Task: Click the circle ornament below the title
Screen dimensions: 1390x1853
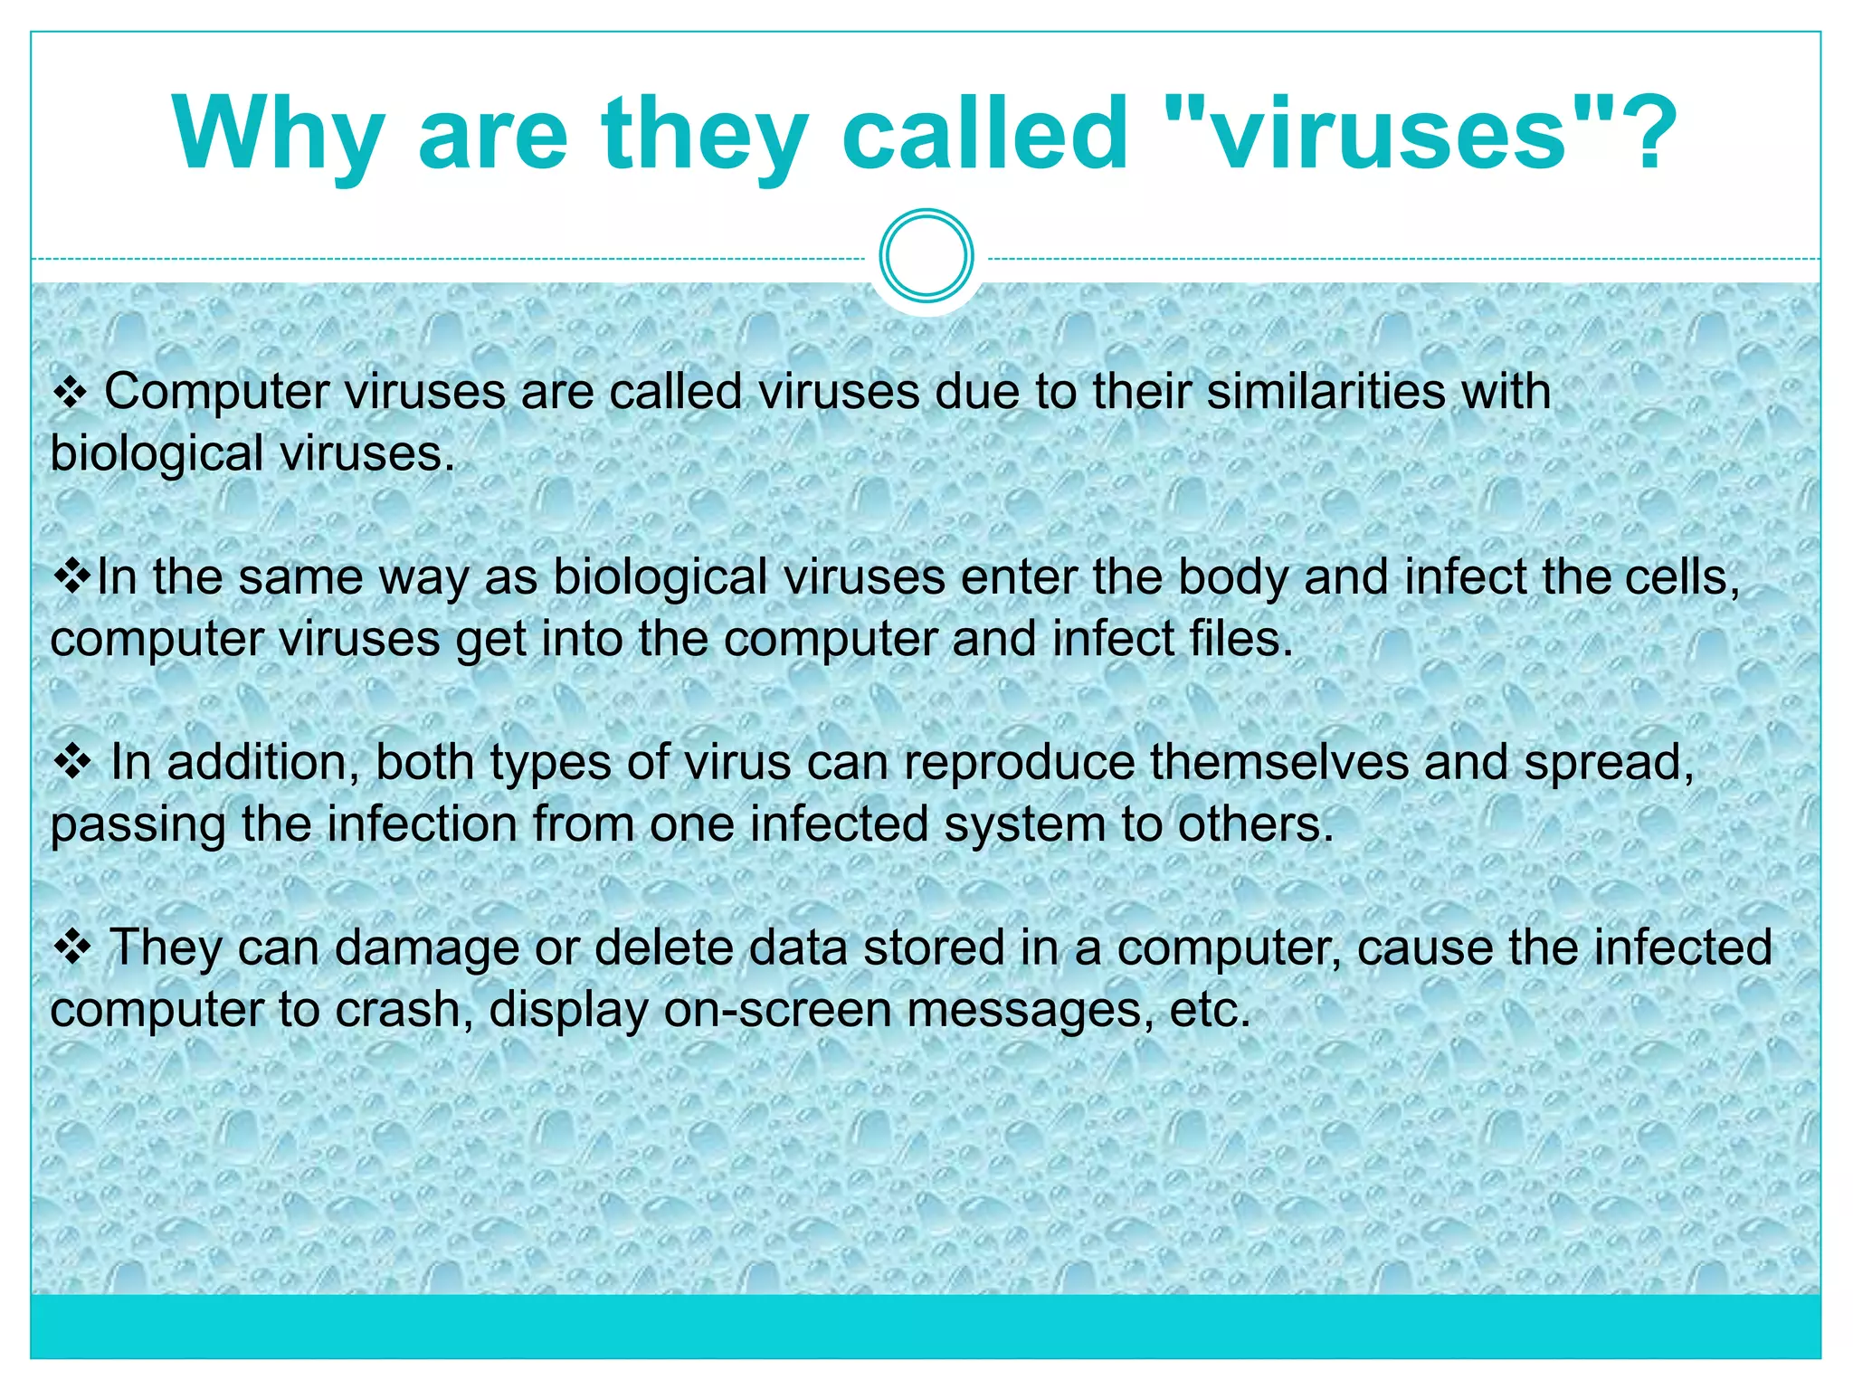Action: click(926, 256)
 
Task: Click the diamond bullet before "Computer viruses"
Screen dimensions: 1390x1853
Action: click(71, 393)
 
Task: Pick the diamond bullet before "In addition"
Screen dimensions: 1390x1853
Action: click(72, 762)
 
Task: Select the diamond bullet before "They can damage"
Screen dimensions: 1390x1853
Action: click(72, 947)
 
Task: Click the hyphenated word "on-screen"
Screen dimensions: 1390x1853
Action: click(777, 1009)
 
